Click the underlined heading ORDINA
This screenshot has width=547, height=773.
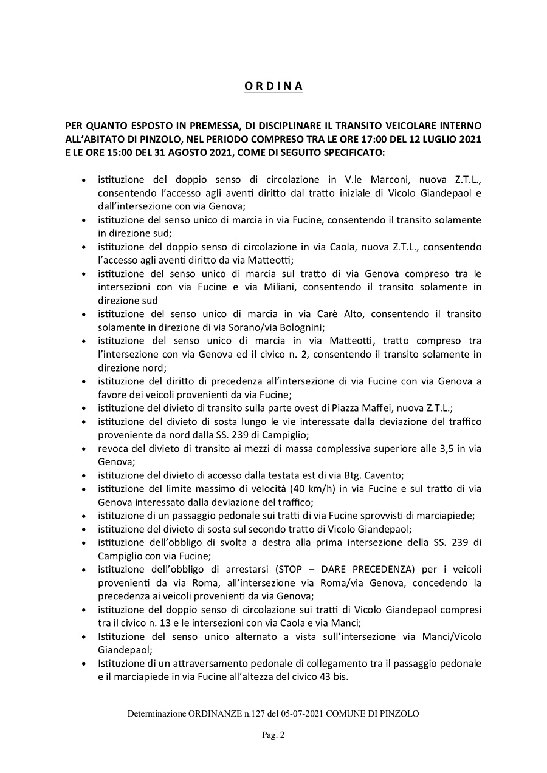point(273,86)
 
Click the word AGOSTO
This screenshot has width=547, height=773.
point(198,152)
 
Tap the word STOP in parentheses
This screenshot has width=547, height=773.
point(288,569)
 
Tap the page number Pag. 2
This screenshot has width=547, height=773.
point(273,735)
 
